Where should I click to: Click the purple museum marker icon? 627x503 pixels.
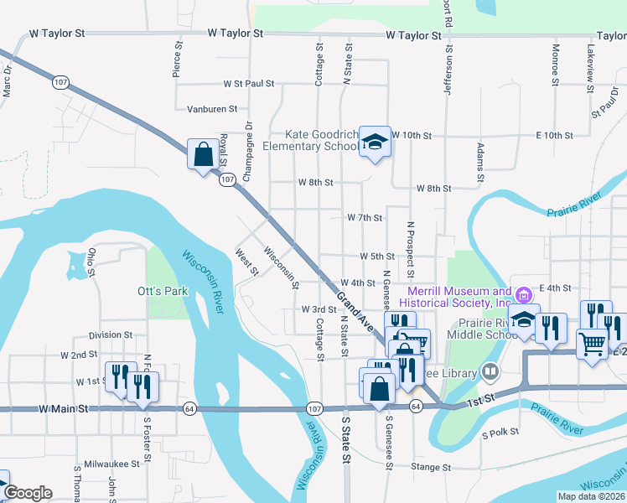[x=525, y=295]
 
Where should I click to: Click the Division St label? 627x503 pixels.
[x=111, y=335]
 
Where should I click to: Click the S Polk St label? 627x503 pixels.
[x=500, y=434]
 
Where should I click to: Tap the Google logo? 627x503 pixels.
[x=27, y=493]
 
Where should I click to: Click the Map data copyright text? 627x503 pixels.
[x=590, y=496]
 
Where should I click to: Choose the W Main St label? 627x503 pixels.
[x=63, y=409]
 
